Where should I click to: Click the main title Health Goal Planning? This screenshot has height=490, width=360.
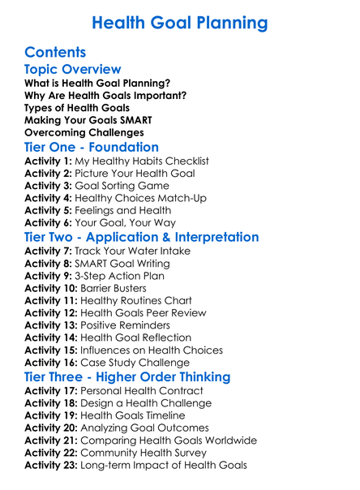[179, 24]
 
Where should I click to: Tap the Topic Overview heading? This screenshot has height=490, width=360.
[73, 70]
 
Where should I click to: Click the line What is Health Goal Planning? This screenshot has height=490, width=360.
[97, 84]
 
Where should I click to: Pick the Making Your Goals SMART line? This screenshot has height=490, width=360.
[88, 120]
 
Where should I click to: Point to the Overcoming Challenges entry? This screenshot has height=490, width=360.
[84, 132]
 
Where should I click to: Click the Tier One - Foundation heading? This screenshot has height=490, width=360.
[92, 148]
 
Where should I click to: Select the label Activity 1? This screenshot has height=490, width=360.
[49, 161]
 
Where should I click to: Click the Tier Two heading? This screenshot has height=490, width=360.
[142, 237]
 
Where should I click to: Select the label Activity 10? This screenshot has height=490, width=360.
[53, 287]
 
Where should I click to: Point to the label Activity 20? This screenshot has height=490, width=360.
[53, 428]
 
